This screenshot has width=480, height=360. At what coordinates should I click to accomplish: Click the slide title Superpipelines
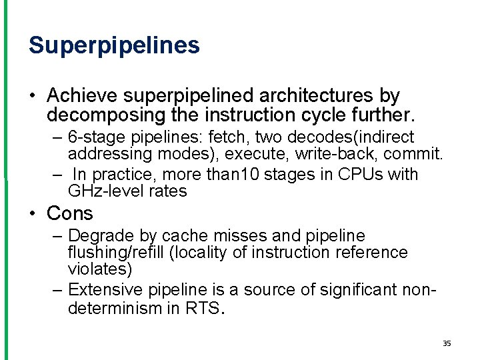point(114,45)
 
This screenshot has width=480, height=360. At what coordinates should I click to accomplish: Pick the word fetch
point(227,137)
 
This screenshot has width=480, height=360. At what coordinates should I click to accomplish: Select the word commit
point(416,155)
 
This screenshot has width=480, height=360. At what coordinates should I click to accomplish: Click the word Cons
point(70,213)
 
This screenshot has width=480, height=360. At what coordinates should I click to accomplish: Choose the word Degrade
point(97,236)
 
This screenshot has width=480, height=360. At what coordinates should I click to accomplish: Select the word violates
point(100,269)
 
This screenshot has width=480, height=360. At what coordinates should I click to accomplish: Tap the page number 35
point(447,343)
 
